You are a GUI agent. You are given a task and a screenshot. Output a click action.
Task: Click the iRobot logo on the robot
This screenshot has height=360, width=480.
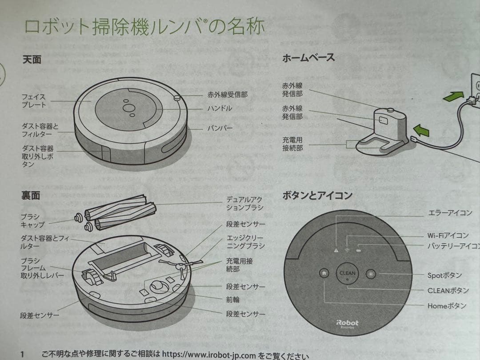[347, 323]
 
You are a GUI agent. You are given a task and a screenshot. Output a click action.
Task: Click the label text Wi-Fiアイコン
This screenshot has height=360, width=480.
[448, 236]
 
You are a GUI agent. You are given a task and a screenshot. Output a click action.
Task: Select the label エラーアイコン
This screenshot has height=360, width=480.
[450, 213]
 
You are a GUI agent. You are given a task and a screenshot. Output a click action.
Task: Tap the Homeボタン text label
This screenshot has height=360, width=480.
[447, 306]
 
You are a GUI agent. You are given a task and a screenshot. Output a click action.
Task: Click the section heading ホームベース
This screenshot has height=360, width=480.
[308, 57]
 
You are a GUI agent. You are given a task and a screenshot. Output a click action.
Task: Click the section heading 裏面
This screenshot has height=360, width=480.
[31, 196]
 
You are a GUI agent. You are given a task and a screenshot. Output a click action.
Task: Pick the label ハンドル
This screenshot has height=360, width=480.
[220, 108]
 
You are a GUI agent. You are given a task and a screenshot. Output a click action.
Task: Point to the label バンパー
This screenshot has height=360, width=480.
[220, 128]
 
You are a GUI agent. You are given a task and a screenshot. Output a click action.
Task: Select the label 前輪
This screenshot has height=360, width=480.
[233, 300]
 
